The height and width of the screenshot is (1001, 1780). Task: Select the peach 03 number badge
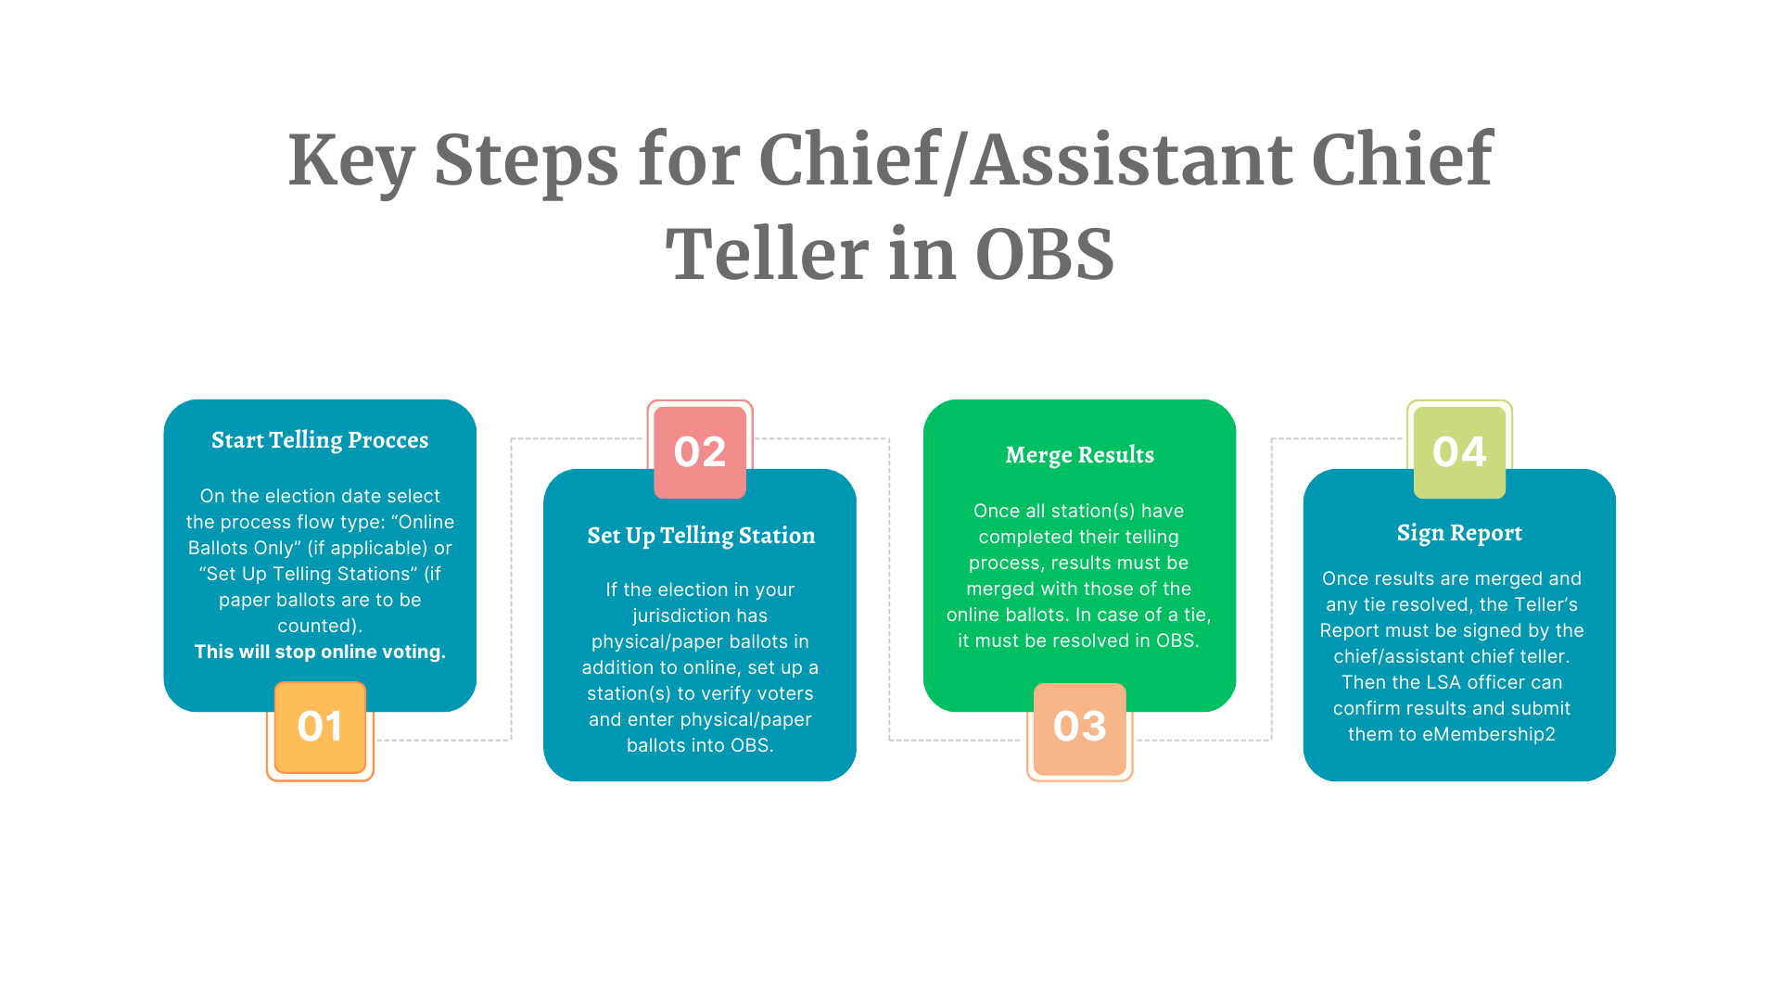(1080, 729)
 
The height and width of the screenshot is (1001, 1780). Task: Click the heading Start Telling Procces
(320, 440)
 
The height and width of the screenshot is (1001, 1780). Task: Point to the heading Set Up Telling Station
(701, 536)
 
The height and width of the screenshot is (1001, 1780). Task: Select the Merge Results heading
(1080, 455)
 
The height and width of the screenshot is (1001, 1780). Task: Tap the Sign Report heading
(1459, 533)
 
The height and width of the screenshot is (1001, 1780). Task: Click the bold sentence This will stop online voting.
(320, 652)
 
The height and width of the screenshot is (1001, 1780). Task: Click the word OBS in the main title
(1045, 255)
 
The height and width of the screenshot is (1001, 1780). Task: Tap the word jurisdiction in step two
(700, 616)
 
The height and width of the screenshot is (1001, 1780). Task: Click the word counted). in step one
(320, 626)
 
